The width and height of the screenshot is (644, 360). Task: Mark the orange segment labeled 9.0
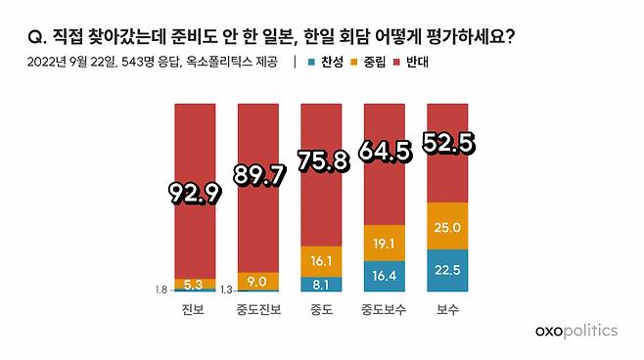[257, 282]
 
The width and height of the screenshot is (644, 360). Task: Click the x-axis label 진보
[194, 310]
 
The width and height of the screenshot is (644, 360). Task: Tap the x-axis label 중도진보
[257, 310]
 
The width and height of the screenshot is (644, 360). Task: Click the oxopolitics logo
[576, 332]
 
